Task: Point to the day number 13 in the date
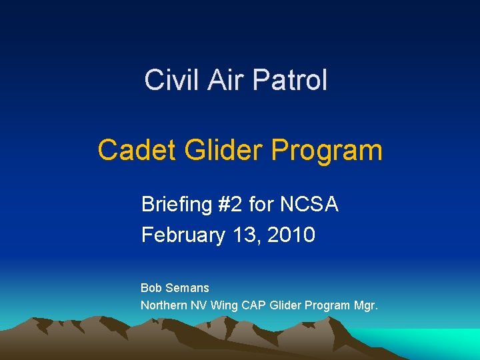click(x=245, y=235)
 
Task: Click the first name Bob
click(x=151, y=288)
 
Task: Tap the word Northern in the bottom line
click(x=164, y=305)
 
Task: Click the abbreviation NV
click(x=199, y=305)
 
